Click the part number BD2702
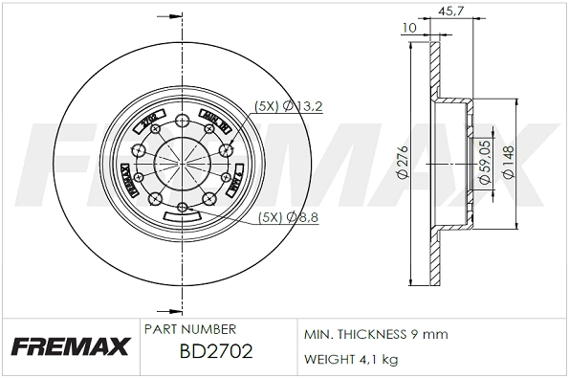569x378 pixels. [x=216, y=350]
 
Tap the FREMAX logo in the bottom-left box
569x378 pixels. [x=70, y=347]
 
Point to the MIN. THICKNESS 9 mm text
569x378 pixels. [x=376, y=335]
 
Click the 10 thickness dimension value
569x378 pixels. [x=410, y=28]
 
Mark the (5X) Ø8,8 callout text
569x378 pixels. [x=288, y=217]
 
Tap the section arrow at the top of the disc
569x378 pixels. [x=174, y=16]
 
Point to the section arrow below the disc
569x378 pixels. [x=174, y=309]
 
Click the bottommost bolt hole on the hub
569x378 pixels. [x=182, y=207]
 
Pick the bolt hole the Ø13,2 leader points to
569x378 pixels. [x=227, y=148]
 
